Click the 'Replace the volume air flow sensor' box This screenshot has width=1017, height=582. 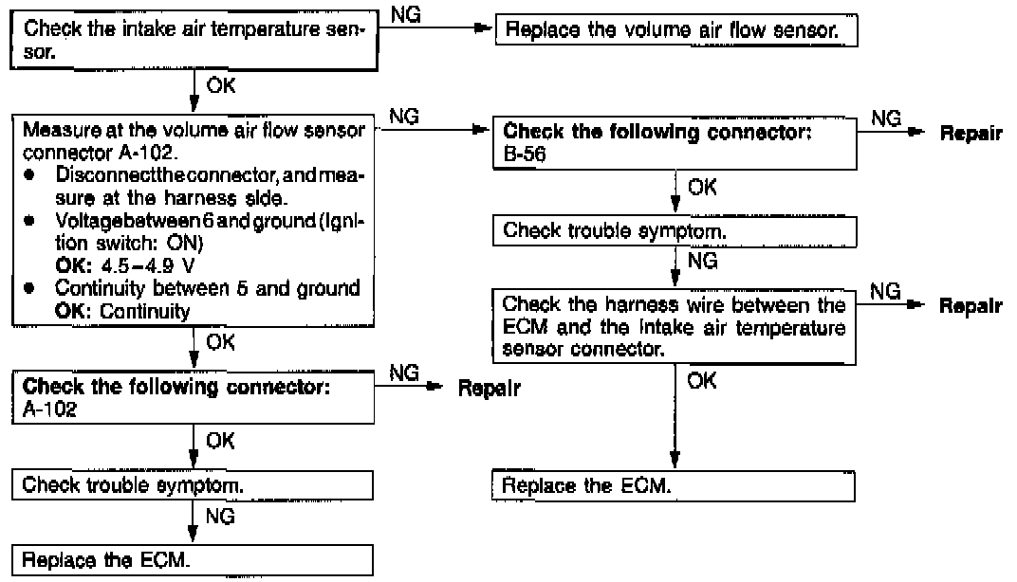pos(675,30)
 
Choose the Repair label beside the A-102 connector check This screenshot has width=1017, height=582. pos(489,389)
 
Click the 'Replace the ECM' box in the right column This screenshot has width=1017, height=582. pos(674,489)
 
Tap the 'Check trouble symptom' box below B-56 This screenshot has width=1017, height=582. pos(674,229)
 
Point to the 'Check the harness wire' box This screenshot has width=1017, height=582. pos(674,325)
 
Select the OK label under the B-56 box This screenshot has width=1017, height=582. pos(702,189)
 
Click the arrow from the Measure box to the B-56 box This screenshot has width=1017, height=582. pos(436,132)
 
